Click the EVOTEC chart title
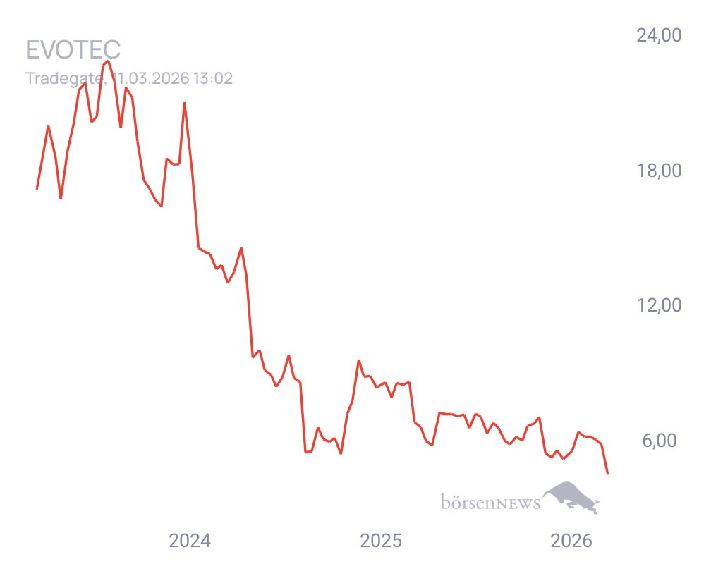pos(73,50)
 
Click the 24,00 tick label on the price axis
pos(658,35)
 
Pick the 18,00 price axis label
pos(658,171)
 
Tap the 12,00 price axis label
pos(658,305)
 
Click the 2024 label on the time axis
pos(189,541)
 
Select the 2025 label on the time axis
pos(381,541)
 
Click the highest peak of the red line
pos(108,61)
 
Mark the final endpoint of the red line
pos(608,474)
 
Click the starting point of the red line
pos(37,188)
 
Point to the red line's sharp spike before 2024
pos(184,104)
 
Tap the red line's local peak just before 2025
pos(358,360)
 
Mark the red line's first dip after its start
pos(61,199)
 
